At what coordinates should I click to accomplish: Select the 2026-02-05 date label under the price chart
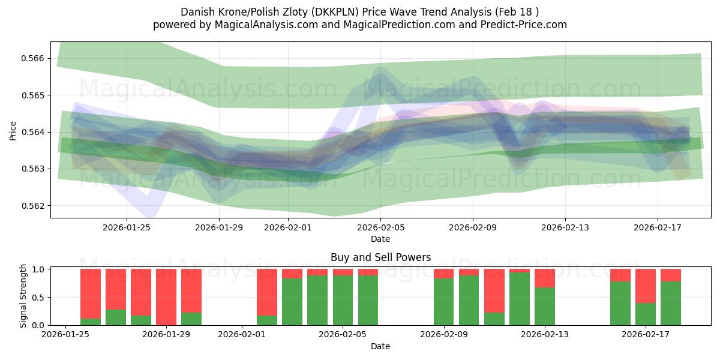tap(380, 227)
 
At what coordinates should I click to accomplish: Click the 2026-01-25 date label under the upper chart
tap(127, 227)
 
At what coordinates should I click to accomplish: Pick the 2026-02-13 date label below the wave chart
tap(565, 227)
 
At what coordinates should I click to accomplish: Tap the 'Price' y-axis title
tap(13, 131)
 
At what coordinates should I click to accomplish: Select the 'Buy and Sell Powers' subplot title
tap(380, 257)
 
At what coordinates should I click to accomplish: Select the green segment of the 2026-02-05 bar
tap(343, 300)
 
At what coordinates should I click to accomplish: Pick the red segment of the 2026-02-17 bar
tap(646, 286)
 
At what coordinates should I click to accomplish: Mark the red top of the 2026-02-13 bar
tap(545, 278)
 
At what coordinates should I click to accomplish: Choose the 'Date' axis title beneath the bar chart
tap(380, 346)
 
